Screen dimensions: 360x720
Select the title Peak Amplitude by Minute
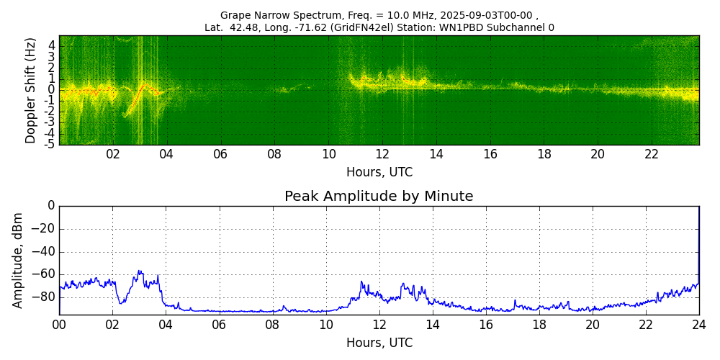click(379, 197)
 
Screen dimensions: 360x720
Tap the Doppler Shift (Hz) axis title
click(31, 90)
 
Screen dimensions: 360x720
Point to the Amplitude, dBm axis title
click(19, 260)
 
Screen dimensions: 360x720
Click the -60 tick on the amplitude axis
click(45, 274)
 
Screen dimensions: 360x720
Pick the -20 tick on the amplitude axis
click(45, 229)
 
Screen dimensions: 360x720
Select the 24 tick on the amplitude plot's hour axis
click(699, 325)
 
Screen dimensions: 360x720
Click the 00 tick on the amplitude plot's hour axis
click(59, 325)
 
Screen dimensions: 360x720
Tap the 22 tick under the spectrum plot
click(652, 155)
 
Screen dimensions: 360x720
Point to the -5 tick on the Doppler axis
click(50, 144)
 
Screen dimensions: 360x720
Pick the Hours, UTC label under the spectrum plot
click(379, 173)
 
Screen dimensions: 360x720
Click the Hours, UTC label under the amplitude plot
click(379, 343)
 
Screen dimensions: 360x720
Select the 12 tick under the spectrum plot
click(382, 155)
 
